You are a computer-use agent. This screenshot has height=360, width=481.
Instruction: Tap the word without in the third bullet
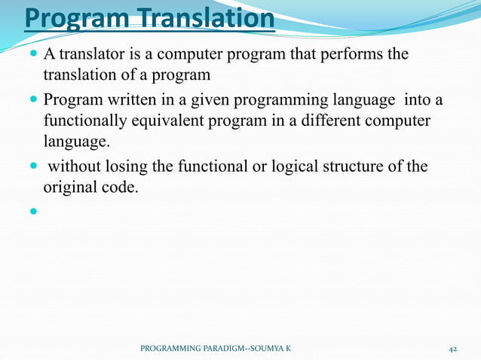75,166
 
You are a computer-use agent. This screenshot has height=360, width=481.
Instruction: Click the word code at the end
121,188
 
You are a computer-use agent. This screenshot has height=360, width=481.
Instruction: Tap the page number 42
453,349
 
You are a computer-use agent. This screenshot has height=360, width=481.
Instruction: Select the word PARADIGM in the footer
216,349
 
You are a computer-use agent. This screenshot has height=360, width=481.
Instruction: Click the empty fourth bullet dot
33,210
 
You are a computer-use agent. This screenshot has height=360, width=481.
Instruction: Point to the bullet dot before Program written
33,101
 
